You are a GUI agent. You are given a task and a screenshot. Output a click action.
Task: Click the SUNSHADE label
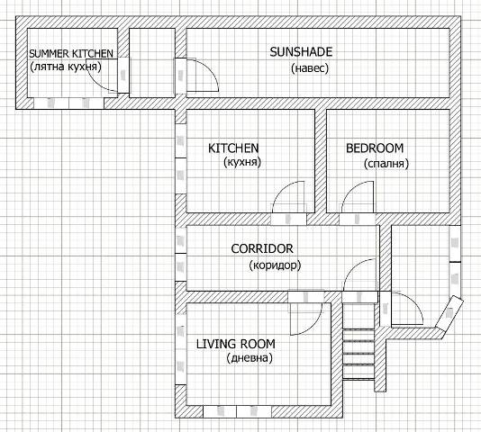point(301,52)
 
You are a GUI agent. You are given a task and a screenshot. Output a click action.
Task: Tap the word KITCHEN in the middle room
point(233,148)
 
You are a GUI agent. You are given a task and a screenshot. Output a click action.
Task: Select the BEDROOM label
point(375,148)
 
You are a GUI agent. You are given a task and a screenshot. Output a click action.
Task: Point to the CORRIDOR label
point(262,248)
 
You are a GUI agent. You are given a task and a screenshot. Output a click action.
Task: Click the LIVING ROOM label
point(236,344)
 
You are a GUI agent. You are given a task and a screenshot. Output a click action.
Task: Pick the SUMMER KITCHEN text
point(71,54)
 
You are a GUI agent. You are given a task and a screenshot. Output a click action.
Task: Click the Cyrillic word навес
point(310,68)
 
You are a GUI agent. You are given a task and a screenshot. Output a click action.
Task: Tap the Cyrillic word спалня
point(386,164)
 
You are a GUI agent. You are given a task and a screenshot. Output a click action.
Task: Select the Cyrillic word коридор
point(275,265)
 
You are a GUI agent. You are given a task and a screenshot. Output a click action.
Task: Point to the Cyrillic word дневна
point(250,358)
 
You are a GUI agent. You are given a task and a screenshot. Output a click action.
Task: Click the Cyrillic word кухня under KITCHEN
point(242,162)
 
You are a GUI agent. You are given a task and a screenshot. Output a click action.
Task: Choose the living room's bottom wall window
point(237,411)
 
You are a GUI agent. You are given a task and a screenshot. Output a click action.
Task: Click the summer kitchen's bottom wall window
point(68,103)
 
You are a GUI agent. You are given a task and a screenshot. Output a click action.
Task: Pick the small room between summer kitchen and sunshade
point(152,63)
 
